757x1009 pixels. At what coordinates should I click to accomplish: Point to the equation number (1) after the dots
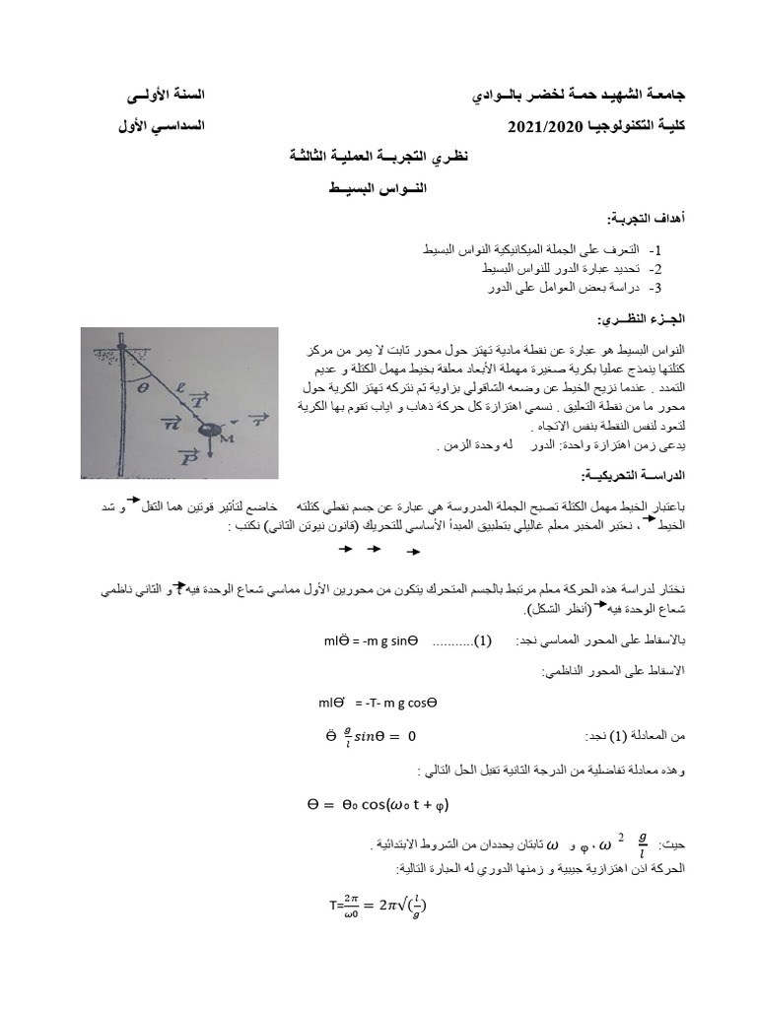tap(483, 641)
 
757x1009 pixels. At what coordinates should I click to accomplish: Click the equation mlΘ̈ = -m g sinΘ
tap(371, 641)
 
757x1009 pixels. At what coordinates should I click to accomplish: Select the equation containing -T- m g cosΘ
tap(374, 704)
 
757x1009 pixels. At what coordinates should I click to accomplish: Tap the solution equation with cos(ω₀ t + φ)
tap(378, 805)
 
